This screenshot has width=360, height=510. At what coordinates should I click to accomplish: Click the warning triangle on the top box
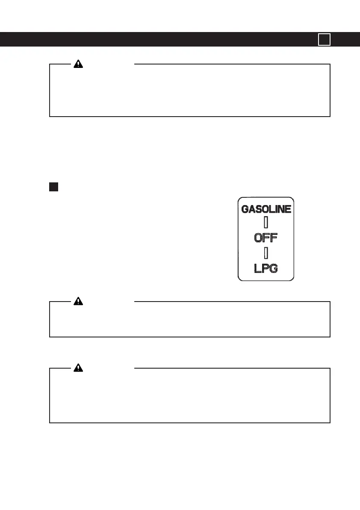click(78, 64)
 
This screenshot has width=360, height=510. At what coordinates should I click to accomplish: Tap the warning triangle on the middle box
click(78, 301)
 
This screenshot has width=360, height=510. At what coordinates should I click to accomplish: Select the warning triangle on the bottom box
click(78, 368)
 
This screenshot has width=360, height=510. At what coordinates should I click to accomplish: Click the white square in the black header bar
click(324, 39)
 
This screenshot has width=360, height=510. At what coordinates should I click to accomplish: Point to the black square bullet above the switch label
click(53, 187)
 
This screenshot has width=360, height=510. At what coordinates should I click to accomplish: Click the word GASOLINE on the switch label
click(266, 209)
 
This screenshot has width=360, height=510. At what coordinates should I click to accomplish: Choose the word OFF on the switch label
click(266, 237)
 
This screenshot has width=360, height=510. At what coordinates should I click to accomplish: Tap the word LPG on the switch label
click(266, 268)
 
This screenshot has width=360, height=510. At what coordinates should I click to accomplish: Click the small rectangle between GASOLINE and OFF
click(266, 223)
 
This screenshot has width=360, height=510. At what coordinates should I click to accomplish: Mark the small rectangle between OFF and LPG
click(266, 253)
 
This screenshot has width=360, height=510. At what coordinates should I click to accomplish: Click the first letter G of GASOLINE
click(245, 209)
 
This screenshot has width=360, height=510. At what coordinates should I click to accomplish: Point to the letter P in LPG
click(266, 268)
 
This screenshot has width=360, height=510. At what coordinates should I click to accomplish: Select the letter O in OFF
click(258, 237)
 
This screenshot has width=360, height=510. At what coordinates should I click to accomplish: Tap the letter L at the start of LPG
click(257, 268)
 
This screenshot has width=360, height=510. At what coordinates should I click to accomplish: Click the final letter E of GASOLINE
click(288, 209)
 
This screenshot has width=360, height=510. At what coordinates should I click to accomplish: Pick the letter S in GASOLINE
click(259, 209)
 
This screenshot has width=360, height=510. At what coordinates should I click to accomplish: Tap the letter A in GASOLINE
click(252, 209)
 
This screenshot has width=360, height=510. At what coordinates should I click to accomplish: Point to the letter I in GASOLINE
click(277, 209)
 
